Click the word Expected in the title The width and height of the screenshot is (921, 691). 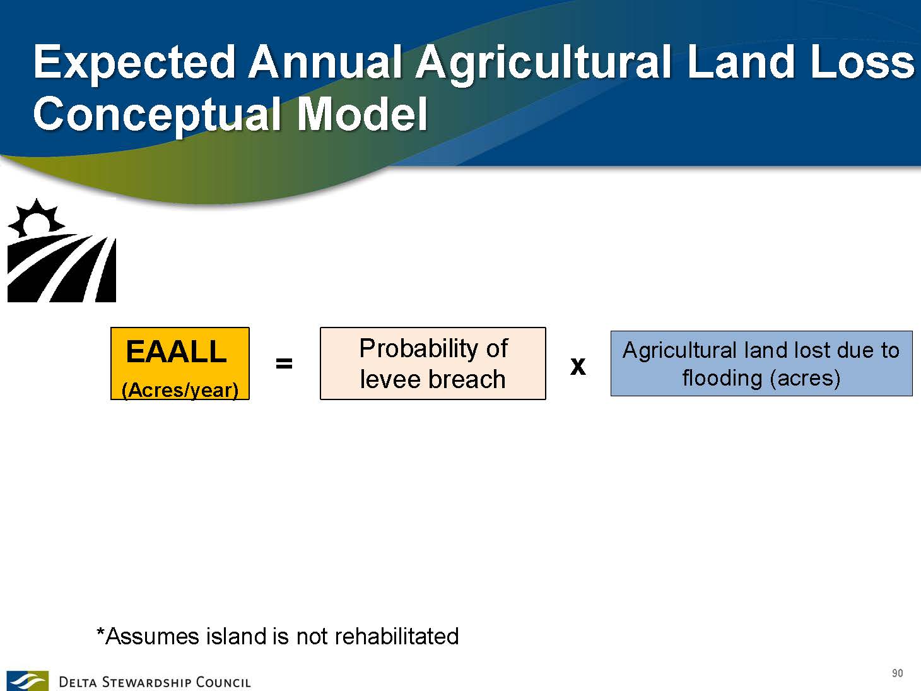pos(134,63)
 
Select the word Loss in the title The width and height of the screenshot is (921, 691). pos(863,62)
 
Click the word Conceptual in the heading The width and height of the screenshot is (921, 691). pos(156,115)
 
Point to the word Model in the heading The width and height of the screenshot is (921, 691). pos(362,114)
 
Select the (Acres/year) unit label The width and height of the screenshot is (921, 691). pos(180,390)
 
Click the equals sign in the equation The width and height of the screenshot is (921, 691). pos(284,363)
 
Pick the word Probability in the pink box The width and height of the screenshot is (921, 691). pos(418,349)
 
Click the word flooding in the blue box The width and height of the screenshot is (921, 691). pos(722,378)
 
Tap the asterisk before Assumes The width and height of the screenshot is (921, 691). pos(100,632)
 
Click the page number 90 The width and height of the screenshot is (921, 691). pos(898,673)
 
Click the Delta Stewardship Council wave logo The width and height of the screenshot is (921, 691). pos(27,681)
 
